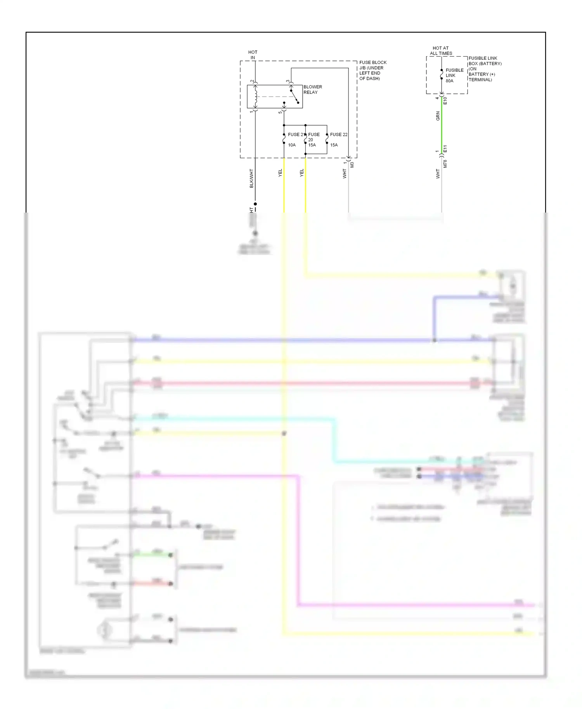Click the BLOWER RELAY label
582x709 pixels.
point(312,90)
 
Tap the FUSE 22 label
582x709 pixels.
point(338,135)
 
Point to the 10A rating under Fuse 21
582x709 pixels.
point(292,145)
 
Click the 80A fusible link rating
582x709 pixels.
point(449,81)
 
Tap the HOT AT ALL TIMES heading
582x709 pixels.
point(441,51)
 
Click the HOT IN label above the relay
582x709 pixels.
point(253,55)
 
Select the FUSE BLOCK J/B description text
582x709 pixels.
point(372,70)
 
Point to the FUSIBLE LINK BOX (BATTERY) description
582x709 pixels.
point(485,69)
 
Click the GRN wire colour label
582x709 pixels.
point(438,116)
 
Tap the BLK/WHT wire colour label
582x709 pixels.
point(251,178)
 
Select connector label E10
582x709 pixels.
point(445,101)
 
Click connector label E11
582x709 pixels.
point(445,149)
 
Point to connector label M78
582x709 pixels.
point(445,164)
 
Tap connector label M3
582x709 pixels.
point(352,165)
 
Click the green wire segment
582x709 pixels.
point(442,124)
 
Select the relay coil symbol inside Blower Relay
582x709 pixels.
point(255,97)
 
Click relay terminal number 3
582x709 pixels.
point(288,81)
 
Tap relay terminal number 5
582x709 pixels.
point(280,112)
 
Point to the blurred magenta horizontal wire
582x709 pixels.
point(415,605)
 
